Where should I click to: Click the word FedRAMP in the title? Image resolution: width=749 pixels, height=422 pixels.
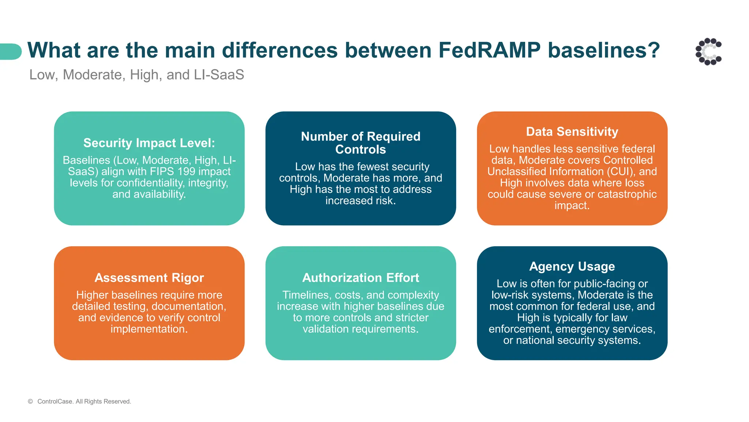[x=489, y=50]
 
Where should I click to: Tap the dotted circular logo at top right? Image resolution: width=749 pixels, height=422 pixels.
[x=708, y=52]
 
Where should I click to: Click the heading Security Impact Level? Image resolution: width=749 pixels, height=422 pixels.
[x=149, y=143]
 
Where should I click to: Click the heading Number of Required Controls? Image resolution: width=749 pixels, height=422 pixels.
[x=361, y=143]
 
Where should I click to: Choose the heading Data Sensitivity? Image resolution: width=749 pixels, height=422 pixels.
[x=572, y=132]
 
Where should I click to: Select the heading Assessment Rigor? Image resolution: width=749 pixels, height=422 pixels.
[x=149, y=278]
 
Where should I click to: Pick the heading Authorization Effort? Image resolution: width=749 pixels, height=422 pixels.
[x=361, y=278]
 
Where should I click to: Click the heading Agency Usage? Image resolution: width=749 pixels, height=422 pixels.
[x=572, y=266]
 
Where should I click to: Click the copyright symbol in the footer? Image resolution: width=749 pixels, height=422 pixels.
[x=30, y=401]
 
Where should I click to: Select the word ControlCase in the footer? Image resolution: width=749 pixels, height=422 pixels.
[x=55, y=401]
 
